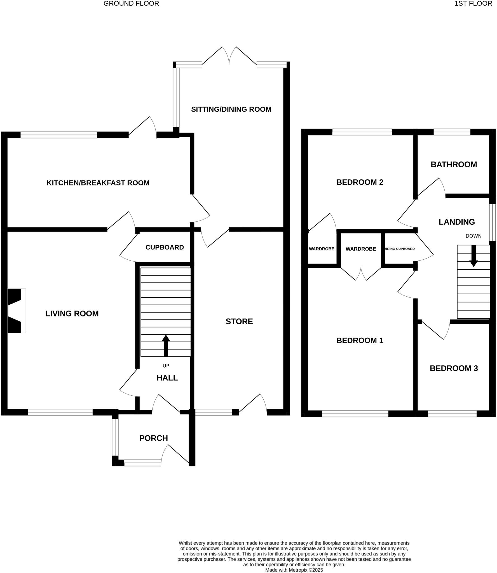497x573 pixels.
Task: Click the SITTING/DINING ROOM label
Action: pos(231,109)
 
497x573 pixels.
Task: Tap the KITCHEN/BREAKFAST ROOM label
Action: pos(98,183)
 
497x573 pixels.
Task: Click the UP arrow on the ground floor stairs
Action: pos(166,345)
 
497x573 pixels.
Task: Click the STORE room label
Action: pos(239,321)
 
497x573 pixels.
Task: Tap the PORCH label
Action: pos(153,438)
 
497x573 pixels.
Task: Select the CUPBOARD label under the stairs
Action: pos(165,247)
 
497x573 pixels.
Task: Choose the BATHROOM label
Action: pos(454,165)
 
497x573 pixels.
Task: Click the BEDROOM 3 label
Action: pos(454,368)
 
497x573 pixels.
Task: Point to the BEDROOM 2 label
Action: pos(360,182)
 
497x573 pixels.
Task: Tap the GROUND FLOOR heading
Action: pos(131,4)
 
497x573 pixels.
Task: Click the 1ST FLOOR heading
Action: pos(473,4)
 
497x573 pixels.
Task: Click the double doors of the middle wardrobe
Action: pos(361,274)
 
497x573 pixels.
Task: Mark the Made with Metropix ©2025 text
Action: pos(294,570)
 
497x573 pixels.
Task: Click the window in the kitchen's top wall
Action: pos(59,135)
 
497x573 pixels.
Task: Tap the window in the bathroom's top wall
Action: pos(452,132)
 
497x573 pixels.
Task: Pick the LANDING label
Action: pos(456,222)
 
